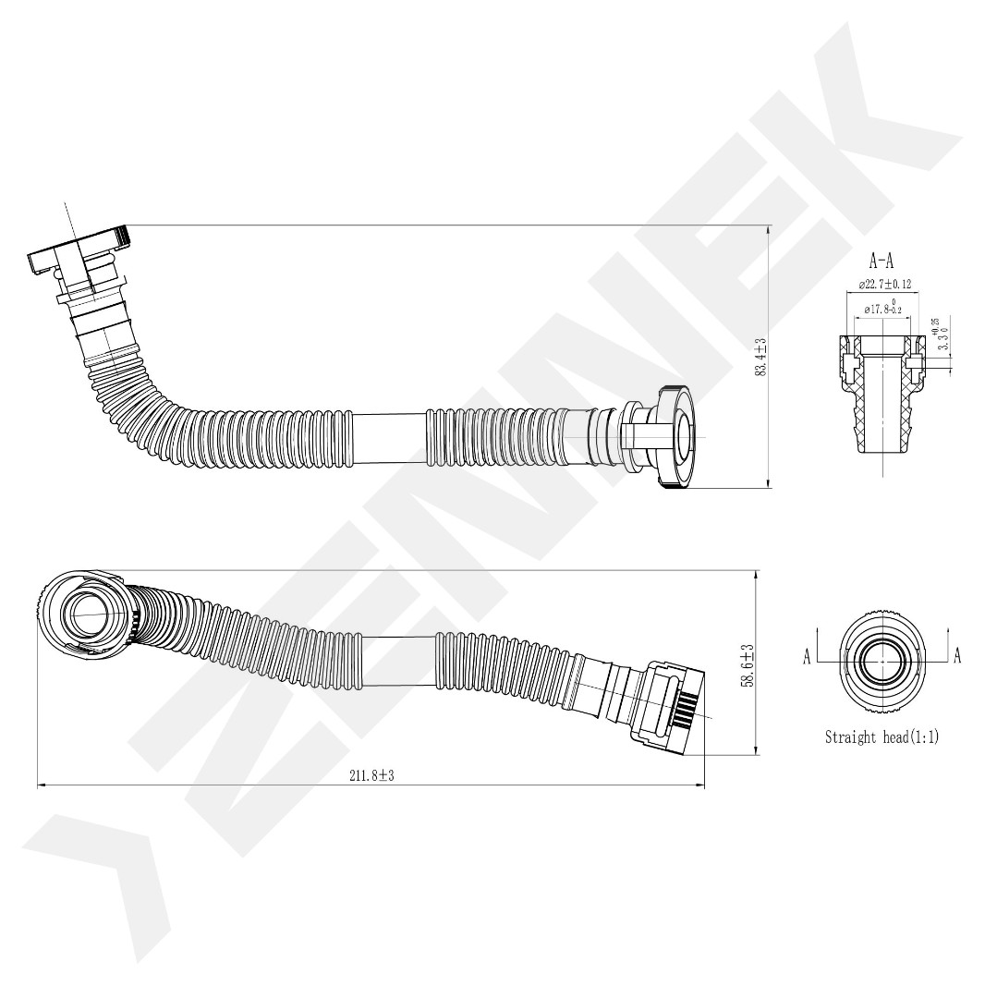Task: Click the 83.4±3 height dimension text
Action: (761, 358)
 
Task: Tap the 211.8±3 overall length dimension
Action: (371, 775)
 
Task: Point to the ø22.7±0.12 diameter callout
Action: (882, 284)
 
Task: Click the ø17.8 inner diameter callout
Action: (882, 309)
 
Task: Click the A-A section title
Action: (881, 262)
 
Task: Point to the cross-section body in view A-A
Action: (882, 402)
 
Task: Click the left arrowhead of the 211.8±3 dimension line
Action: (40, 786)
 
